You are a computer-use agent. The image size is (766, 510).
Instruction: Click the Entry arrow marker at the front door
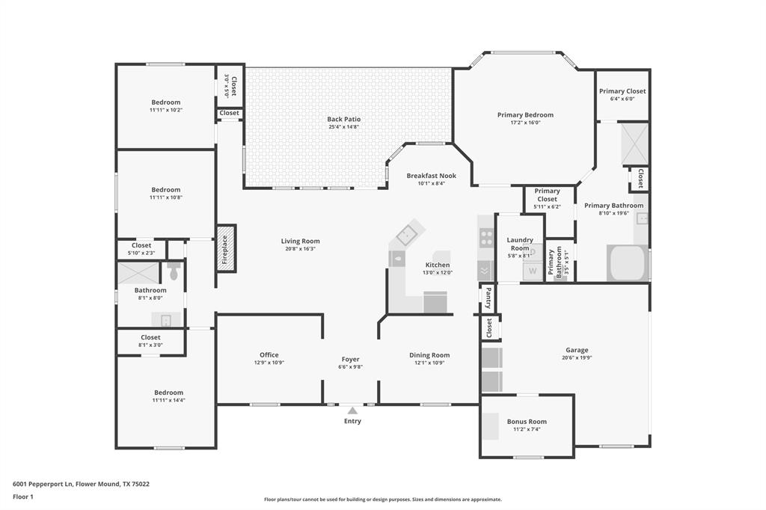pos(352,410)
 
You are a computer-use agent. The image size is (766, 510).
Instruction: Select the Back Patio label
pos(343,119)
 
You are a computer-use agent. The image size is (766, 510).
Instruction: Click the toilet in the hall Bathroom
pos(174,272)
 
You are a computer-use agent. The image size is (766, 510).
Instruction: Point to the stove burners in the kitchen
pos(486,238)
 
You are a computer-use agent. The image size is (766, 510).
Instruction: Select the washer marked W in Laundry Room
pos(533,271)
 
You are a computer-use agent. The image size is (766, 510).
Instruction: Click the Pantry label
pos(488,298)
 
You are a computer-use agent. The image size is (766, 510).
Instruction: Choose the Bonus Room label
pos(527,422)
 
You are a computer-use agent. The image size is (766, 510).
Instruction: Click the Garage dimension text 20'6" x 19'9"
pos(577,358)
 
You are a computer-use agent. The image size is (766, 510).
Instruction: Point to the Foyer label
pos(351,360)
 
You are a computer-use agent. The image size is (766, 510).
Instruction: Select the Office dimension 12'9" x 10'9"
pos(269,363)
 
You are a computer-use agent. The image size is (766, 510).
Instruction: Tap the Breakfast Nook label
pos(431,176)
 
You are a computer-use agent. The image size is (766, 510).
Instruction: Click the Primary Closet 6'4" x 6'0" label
pos(622,91)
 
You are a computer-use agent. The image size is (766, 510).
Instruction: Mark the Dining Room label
pos(429,355)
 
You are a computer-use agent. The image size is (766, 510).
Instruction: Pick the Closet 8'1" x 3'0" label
pos(150,337)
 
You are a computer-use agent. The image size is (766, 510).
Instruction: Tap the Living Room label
pos(300,241)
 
